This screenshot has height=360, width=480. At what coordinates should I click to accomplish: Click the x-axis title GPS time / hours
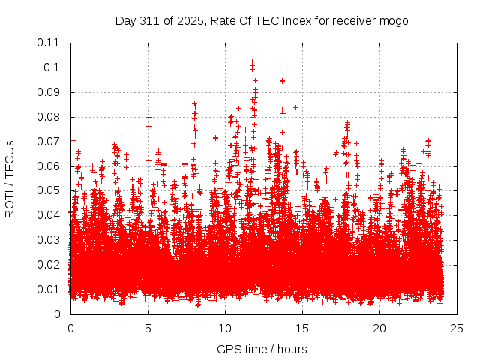pyautogui.click(x=262, y=349)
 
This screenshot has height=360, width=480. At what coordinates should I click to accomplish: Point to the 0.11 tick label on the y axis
pyautogui.click(x=49, y=43)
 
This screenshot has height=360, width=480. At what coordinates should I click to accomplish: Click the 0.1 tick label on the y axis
pyautogui.click(x=52, y=67)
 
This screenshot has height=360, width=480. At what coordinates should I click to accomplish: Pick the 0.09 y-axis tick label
pyautogui.click(x=49, y=92)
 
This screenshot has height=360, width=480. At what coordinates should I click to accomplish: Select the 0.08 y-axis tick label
pyautogui.click(x=49, y=117)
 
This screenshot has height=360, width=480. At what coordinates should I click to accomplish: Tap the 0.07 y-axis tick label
pyautogui.click(x=49, y=141)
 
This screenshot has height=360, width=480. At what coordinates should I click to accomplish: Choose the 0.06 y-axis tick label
pyautogui.click(x=49, y=166)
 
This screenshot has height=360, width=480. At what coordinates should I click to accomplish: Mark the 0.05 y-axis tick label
pyautogui.click(x=49, y=190)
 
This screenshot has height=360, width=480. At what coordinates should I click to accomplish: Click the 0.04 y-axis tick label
pyautogui.click(x=49, y=215)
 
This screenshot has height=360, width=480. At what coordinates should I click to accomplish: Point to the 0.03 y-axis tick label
pyautogui.click(x=49, y=240)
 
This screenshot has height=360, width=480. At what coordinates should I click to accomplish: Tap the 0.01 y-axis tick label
pyautogui.click(x=49, y=289)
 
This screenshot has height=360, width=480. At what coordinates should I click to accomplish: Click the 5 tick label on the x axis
pyautogui.click(x=148, y=328)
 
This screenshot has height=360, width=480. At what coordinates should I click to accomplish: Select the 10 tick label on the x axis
pyautogui.click(x=225, y=328)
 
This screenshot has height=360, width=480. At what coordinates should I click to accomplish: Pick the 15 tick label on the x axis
pyautogui.click(x=302, y=328)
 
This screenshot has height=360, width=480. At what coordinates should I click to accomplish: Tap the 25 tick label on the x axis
pyautogui.click(x=457, y=328)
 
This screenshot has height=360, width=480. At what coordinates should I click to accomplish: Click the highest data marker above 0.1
pyautogui.click(x=252, y=61)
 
